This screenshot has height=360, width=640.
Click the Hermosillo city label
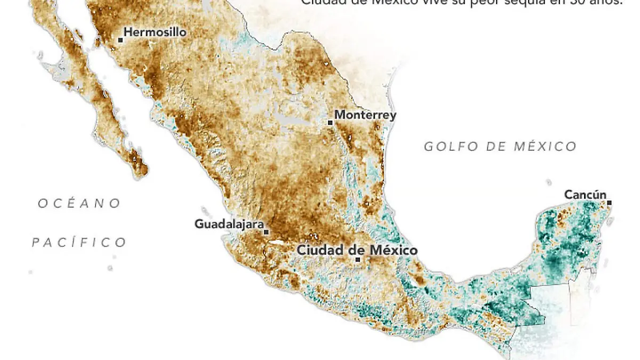pyautogui.click(x=155, y=33)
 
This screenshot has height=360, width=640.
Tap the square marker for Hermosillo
pyautogui.click(x=121, y=39)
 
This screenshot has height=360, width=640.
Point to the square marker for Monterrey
pyautogui.click(x=330, y=123)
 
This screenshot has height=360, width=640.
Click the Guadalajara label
pyautogui.click(x=229, y=224)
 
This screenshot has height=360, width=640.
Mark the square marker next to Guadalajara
pyautogui.click(x=266, y=232)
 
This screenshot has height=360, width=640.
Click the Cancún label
pyautogui.click(x=585, y=195)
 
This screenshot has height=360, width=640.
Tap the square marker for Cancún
pyautogui.click(x=609, y=203)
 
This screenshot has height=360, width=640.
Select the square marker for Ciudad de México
pyautogui.click(x=358, y=260)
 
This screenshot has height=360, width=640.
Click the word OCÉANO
pyautogui.click(x=79, y=203)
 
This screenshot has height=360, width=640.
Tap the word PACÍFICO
pyautogui.click(x=79, y=243)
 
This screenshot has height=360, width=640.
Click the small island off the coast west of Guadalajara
pyautogui.click(x=204, y=211)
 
